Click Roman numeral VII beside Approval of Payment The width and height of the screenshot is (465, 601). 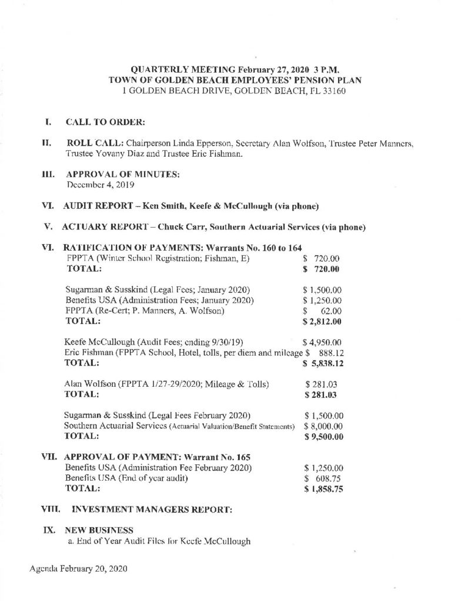coord(50,457)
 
